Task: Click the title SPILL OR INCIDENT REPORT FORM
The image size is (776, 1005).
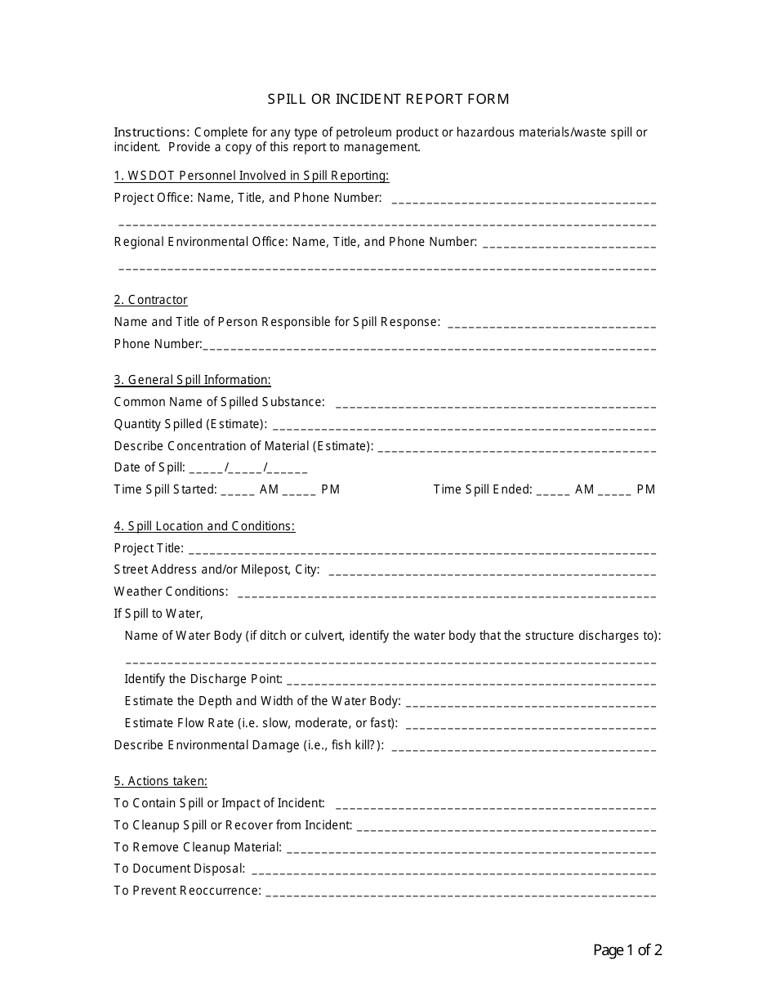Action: (x=388, y=99)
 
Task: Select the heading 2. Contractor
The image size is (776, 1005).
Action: (x=150, y=300)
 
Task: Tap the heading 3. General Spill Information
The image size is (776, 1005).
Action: (x=192, y=380)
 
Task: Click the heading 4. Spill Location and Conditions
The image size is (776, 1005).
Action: (x=204, y=526)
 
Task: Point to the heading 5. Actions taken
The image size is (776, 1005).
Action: (x=160, y=781)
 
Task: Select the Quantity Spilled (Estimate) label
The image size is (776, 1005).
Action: (x=190, y=424)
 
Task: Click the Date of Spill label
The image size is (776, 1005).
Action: (x=149, y=468)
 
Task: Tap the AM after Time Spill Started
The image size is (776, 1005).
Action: (x=269, y=489)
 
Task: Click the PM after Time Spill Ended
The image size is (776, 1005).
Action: (x=645, y=489)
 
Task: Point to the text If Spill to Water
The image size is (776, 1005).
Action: (x=158, y=614)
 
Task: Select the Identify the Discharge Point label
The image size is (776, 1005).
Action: (x=203, y=679)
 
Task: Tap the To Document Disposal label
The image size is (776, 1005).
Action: (x=179, y=869)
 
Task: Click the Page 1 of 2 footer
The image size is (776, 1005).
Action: (x=627, y=950)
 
